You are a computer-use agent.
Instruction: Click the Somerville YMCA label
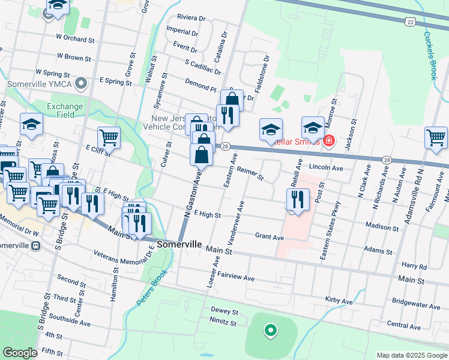40,83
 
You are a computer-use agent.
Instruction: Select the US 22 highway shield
409,22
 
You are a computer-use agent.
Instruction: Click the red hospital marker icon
328,141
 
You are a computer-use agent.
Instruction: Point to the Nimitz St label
223,323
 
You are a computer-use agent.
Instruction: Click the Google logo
20,353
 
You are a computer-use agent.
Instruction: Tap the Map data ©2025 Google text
411,355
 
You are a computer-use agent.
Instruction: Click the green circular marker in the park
270,329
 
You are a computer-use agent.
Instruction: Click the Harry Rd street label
414,265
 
